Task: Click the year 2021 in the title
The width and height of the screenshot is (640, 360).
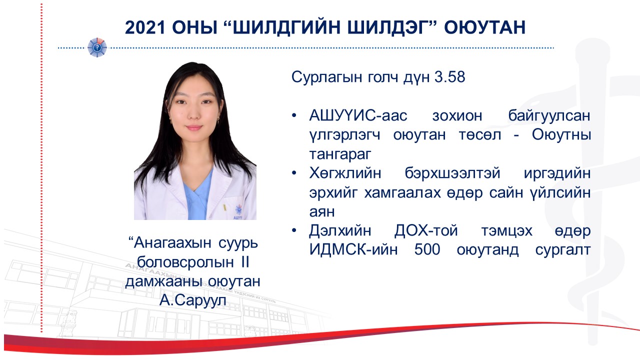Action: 145,27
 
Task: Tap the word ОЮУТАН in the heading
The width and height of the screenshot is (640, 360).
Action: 485,27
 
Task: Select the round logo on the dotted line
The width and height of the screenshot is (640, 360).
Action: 97,47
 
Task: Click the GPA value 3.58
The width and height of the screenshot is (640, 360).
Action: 449,77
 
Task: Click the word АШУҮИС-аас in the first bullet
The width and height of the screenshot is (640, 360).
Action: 358,115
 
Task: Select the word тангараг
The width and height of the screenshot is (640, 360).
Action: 340,154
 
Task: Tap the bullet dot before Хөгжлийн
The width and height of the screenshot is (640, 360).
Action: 294,173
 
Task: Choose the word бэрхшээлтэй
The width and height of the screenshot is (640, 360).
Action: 452,173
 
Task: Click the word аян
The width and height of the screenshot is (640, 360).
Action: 322,212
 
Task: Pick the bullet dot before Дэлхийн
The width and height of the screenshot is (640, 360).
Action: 294,230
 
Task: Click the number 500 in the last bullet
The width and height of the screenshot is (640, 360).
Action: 427,249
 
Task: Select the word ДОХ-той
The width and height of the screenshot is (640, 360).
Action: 426,230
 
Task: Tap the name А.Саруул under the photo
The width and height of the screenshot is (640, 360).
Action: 193,300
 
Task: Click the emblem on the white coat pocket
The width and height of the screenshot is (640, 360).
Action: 238,209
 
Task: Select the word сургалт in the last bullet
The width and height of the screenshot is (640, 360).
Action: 563,250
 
